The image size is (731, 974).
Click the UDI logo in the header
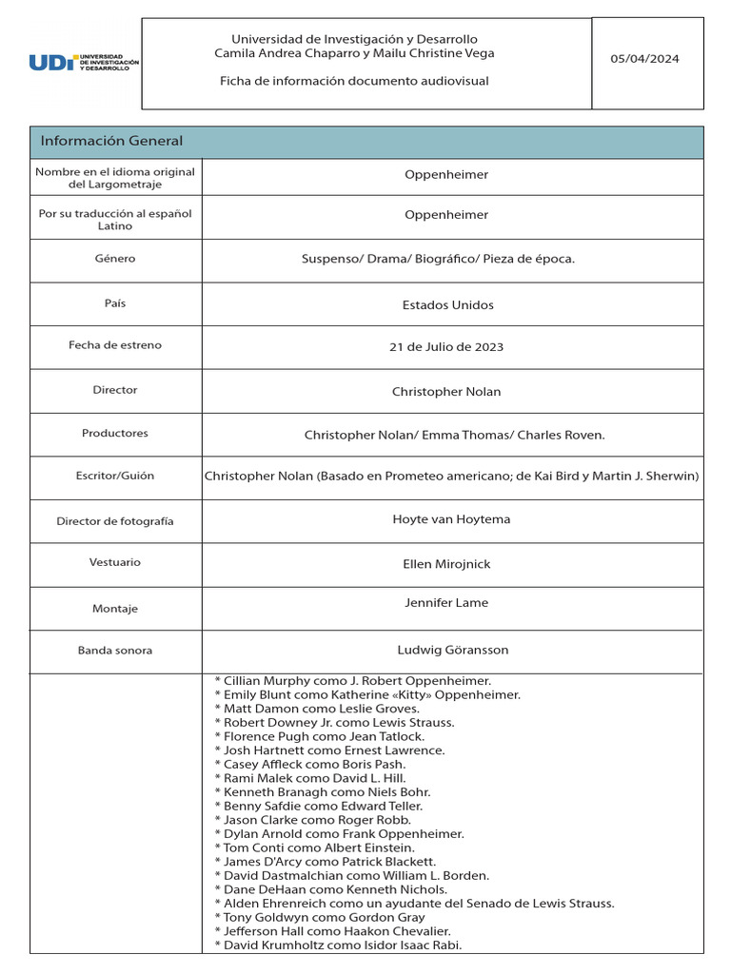[84, 63]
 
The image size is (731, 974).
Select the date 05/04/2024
[644, 59]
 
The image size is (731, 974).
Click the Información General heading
[111, 142]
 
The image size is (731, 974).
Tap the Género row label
[115, 259]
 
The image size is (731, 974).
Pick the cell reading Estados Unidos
[447, 305]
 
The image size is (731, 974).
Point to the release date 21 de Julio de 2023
[446, 347]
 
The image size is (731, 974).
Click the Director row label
[115, 390]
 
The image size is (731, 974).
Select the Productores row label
[115, 434]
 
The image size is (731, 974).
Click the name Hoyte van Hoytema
[451, 519]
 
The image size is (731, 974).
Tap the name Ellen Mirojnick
[446, 564]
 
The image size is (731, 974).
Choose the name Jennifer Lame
[446, 603]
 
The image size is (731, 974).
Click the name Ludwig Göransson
[452, 651]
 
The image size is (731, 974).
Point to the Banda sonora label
[115, 651]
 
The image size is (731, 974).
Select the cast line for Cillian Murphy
[353, 681]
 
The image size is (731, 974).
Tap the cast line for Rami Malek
[310, 778]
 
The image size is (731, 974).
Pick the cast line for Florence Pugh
[320, 736]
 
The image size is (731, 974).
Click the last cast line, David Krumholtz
[338, 945]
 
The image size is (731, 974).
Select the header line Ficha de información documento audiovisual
[354, 82]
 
